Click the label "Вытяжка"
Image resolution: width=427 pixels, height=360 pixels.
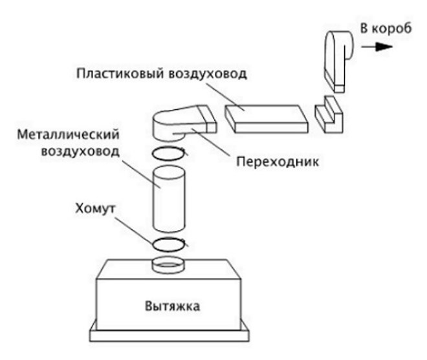pos(171,305)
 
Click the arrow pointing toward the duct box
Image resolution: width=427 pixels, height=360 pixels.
pos(379,47)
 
